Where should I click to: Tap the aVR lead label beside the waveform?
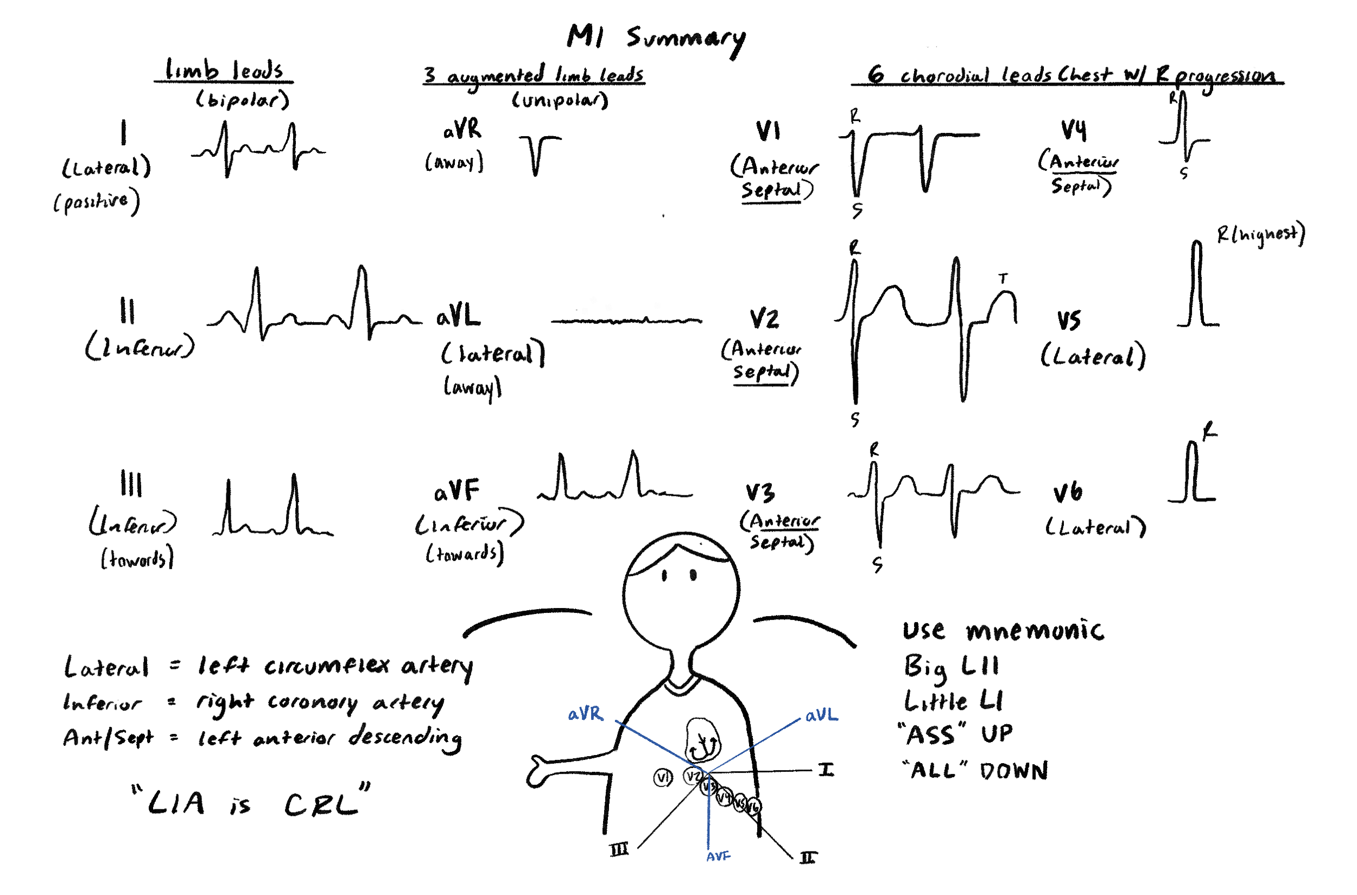click(x=462, y=130)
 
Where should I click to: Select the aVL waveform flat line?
click(x=626, y=321)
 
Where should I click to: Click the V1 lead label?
click(x=768, y=131)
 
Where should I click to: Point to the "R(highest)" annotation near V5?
click(x=1260, y=234)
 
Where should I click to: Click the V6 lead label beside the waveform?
click(x=1068, y=492)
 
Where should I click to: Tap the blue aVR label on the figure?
click(x=585, y=713)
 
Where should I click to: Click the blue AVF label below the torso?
click(x=718, y=856)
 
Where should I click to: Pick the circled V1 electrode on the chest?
click(x=663, y=777)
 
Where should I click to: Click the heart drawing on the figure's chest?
click(x=702, y=740)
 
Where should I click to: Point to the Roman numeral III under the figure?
click(x=619, y=850)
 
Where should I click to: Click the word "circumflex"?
click(x=326, y=666)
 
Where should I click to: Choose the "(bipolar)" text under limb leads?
click(x=243, y=100)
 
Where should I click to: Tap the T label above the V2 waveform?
click(x=1003, y=279)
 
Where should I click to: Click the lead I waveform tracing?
click(x=258, y=150)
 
